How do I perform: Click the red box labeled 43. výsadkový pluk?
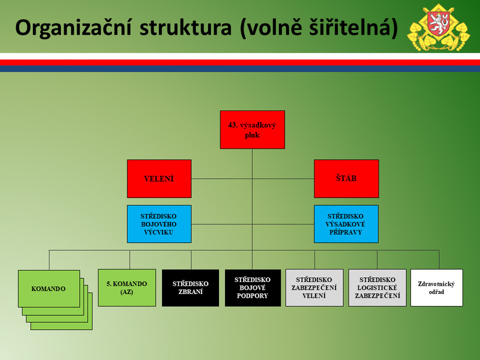coord(252,130)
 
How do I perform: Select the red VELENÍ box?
coord(159,179)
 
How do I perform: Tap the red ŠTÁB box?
coord(346,179)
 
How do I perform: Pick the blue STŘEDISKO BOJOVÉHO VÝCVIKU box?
coord(159,224)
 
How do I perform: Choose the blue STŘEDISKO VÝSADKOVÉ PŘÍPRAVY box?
coord(346,224)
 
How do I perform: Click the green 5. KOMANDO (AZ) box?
coord(127,288)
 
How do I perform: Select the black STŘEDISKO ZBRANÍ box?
coord(190,288)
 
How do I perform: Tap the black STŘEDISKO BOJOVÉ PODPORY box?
coord(253,288)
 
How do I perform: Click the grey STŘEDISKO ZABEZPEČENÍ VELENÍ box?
coord(314,288)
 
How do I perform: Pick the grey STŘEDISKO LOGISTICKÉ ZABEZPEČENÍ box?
coord(377,288)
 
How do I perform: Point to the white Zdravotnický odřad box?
coord(437,288)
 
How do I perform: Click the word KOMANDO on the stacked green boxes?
coord(49,289)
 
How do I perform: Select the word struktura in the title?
coord(185,28)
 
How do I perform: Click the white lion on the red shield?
coord(439,23)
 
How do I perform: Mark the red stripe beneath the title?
coord(240,62)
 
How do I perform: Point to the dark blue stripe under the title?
coord(240,69)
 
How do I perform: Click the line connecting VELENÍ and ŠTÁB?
coord(253,178)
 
